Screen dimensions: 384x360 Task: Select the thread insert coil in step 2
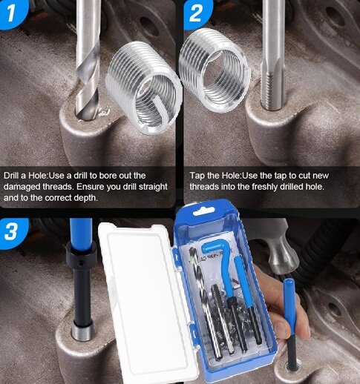(x=215, y=59)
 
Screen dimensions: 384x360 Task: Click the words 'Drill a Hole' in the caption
(x=25, y=175)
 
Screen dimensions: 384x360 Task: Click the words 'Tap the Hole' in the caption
(x=212, y=175)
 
